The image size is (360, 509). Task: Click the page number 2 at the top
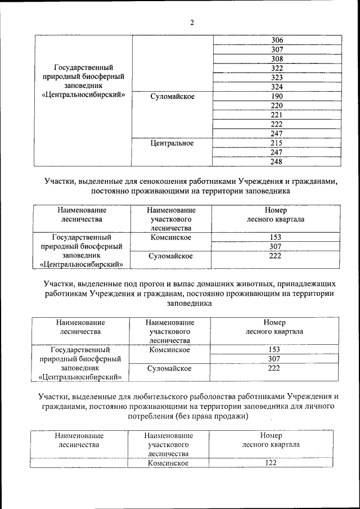click(x=191, y=23)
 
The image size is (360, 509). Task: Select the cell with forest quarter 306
click(x=277, y=40)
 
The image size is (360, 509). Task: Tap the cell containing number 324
click(x=277, y=87)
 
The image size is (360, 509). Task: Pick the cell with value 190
click(x=277, y=96)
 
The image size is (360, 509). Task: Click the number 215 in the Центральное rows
click(x=277, y=143)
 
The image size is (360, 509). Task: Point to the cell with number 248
click(x=277, y=162)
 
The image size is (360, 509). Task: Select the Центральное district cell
click(x=172, y=143)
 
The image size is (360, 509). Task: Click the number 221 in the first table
click(x=277, y=115)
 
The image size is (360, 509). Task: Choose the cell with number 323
click(x=277, y=78)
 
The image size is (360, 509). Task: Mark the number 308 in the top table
click(x=277, y=58)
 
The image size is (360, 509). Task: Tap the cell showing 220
click(x=277, y=106)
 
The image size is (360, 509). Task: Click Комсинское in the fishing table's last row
click(x=168, y=463)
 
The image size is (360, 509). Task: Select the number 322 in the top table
click(x=277, y=68)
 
